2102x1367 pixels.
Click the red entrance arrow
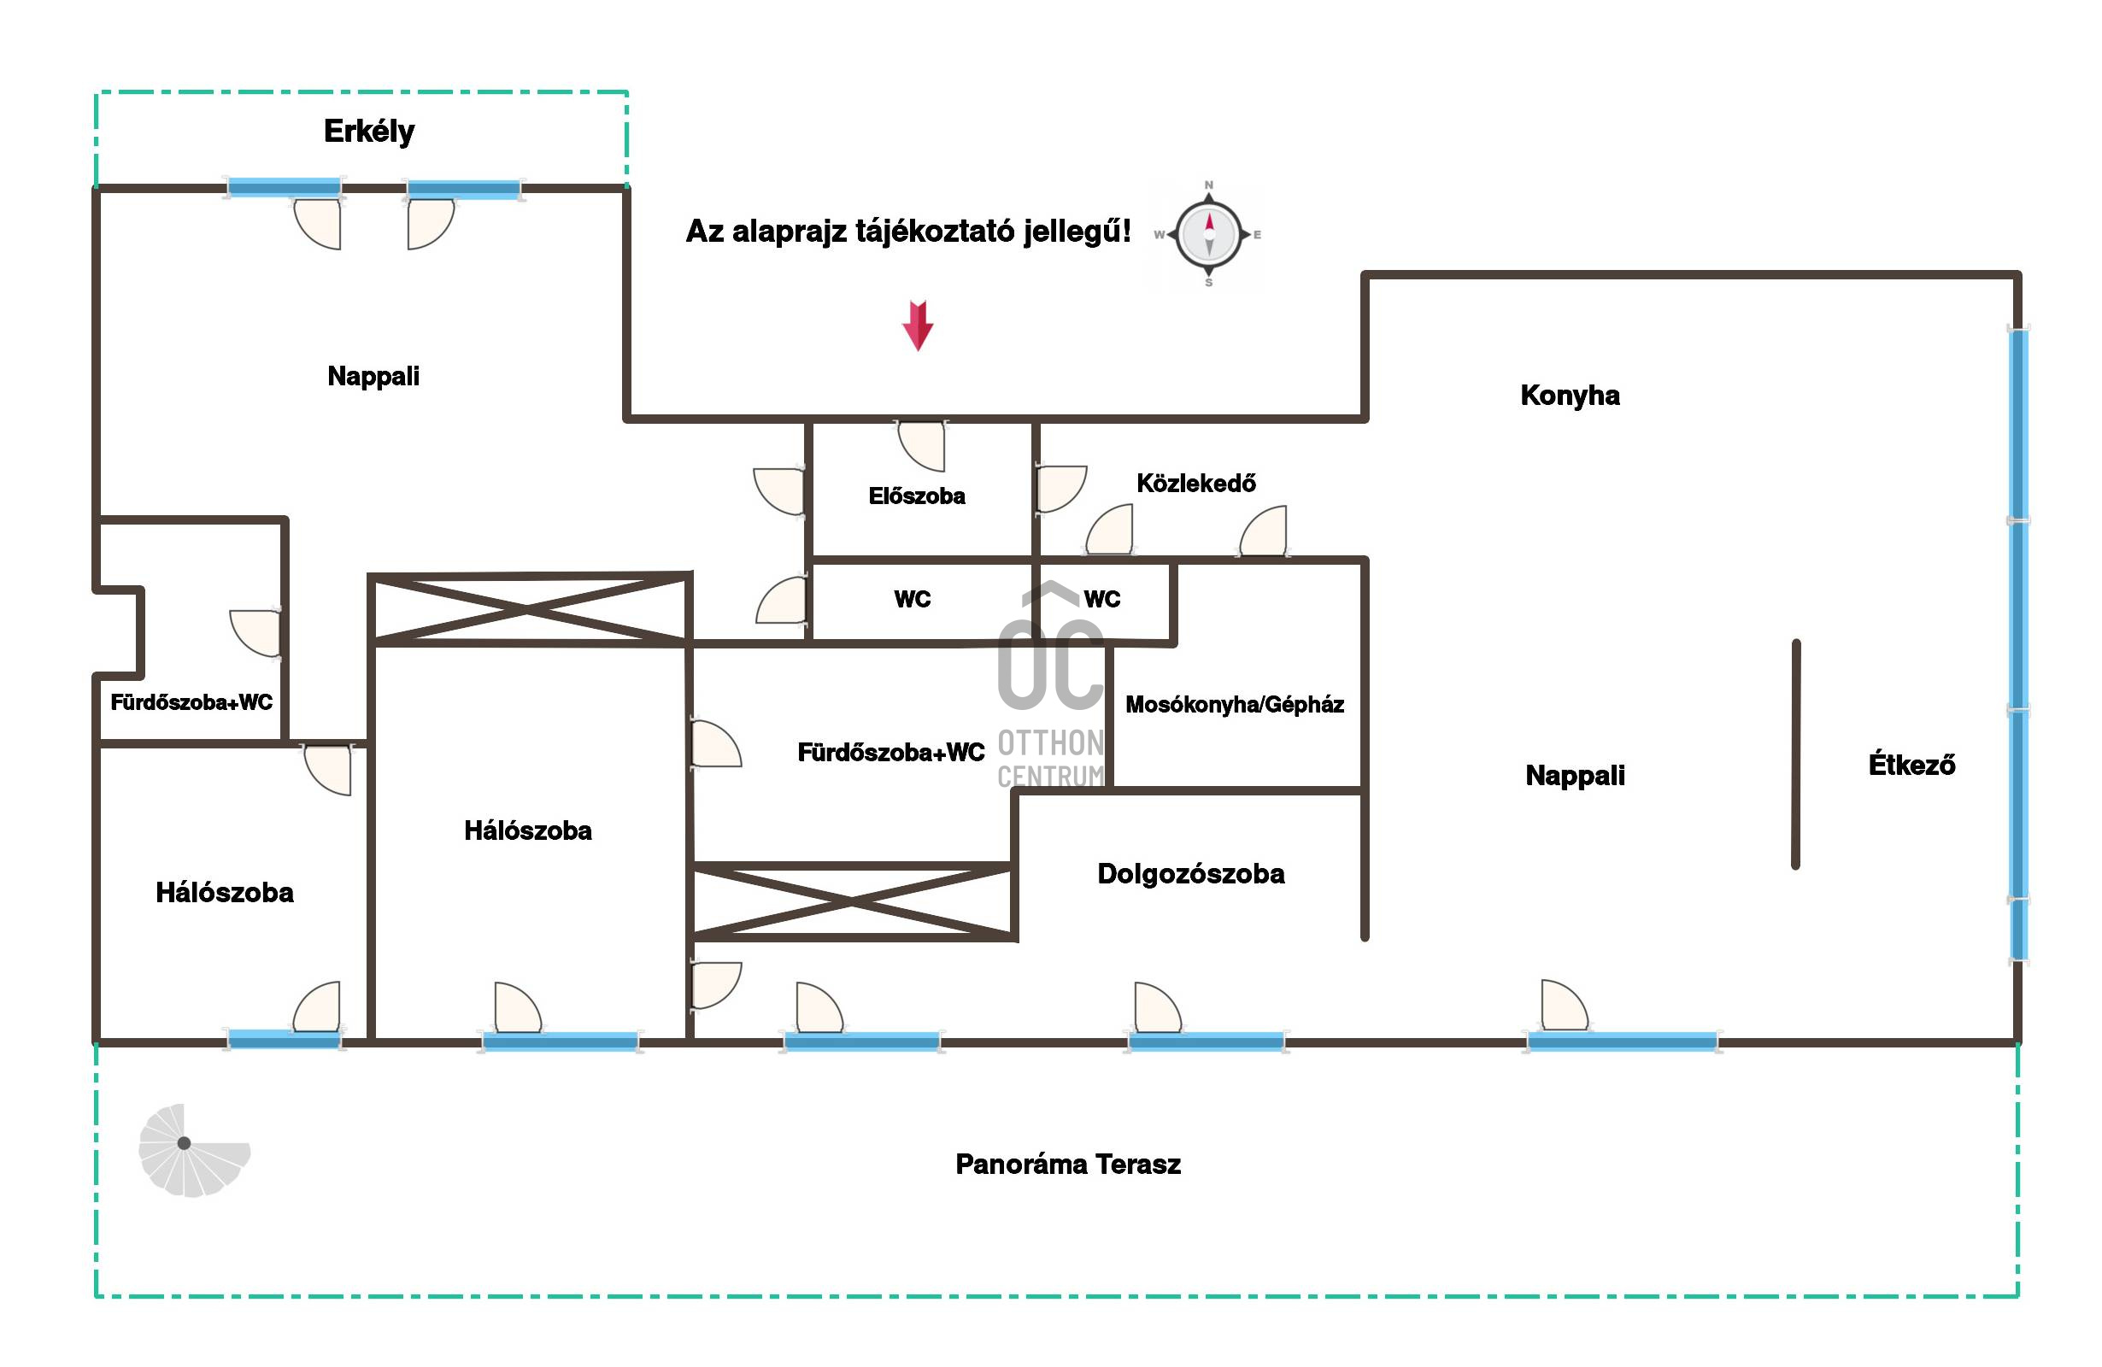point(918,325)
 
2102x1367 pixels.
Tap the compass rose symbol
point(1208,235)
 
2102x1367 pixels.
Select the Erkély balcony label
point(369,132)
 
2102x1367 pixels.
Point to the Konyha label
point(1570,395)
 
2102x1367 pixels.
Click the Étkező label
point(1911,764)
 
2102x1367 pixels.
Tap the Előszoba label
point(917,496)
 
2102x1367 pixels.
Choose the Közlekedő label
point(1196,483)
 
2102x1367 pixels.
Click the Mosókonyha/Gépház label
point(1235,704)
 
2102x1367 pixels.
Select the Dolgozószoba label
point(1190,873)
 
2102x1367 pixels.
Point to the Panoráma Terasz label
point(1068,1164)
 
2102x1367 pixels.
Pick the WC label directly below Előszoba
point(913,599)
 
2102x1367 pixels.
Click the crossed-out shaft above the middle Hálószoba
point(529,607)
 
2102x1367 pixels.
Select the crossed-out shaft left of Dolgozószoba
point(853,901)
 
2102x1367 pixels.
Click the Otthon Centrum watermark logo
point(1051,684)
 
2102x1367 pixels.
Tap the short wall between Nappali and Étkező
point(1795,754)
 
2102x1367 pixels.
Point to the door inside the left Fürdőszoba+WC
point(255,633)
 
